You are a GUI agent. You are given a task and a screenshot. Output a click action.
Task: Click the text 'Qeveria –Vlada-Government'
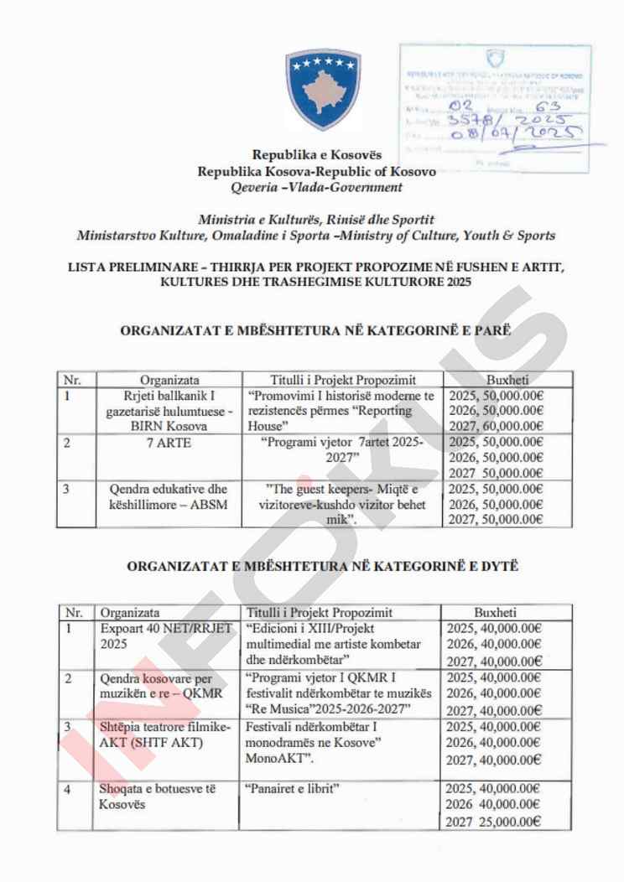coord(316,187)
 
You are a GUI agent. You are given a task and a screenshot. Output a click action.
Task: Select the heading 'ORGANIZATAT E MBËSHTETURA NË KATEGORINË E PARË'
coord(316,330)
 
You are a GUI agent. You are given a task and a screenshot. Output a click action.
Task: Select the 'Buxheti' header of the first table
coord(507,379)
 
